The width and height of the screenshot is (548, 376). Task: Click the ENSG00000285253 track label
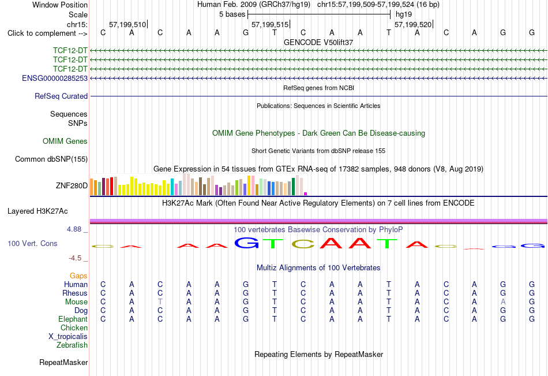(x=55, y=78)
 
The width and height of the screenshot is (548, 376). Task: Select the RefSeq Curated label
(x=61, y=96)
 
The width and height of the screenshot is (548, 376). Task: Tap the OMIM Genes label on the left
(x=65, y=141)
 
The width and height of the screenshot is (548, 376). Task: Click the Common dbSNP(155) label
(x=51, y=159)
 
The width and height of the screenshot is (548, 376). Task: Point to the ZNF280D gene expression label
(x=72, y=185)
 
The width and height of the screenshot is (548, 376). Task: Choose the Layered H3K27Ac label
(x=37, y=211)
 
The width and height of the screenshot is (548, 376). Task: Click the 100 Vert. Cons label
(x=32, y=243)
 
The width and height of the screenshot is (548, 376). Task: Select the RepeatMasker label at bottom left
(x=63, y=362)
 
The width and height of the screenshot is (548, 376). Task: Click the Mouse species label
(x=76, y=301)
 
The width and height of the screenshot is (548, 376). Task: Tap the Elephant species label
(x=73, y=319)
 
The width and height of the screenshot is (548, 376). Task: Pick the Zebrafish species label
(x=72, y=345)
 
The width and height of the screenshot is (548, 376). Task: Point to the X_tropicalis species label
(x=68, y=337)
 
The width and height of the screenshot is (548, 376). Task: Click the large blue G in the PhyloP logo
(x=246, y=243)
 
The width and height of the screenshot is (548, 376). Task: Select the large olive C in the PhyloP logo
(x=303, y=244)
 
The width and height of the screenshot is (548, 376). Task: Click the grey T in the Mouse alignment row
(x=160, y=301)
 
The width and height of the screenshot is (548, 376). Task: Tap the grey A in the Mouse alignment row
(x=503, y=301)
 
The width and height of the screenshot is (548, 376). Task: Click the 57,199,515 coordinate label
(x=270, y=24)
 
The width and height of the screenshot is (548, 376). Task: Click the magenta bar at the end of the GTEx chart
(x=306, y=193)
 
